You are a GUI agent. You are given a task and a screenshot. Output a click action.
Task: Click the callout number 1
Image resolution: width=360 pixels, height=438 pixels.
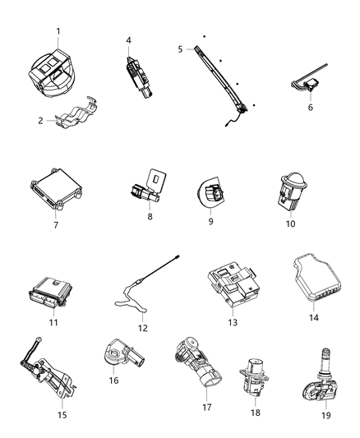pos(58,31)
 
